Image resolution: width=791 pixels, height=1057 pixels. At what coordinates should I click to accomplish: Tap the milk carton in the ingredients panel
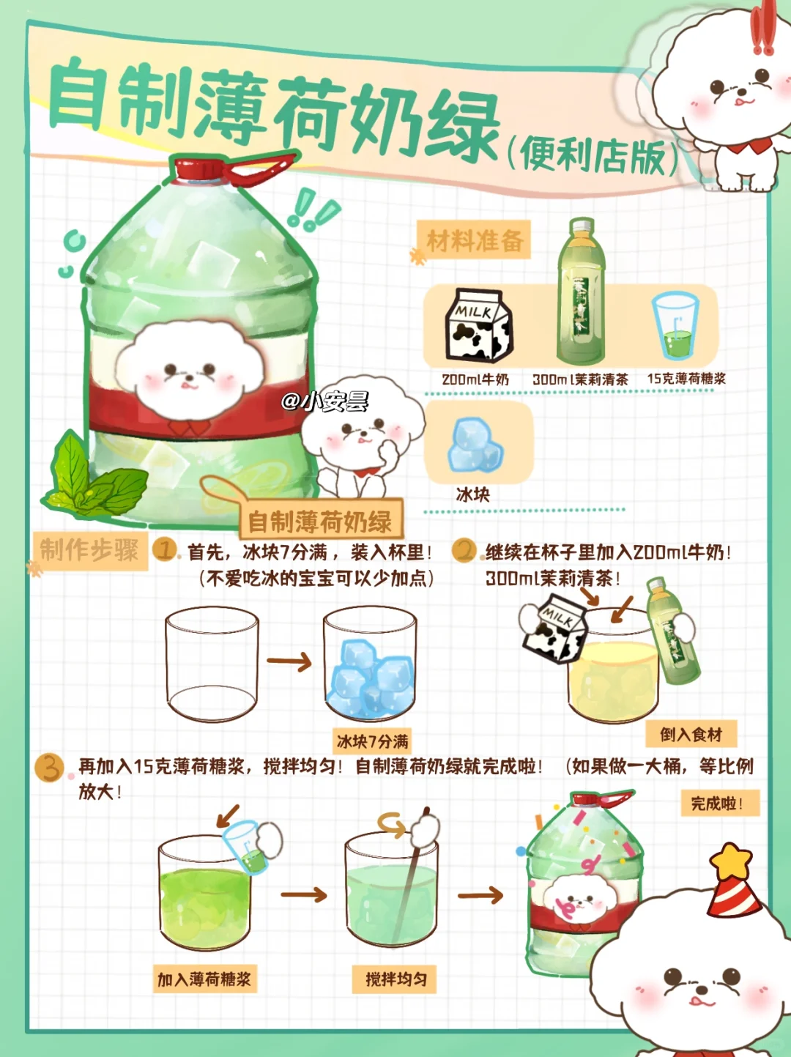tap(478, 325)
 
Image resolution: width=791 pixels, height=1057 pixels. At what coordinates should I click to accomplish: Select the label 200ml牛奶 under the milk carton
tap(475, 379)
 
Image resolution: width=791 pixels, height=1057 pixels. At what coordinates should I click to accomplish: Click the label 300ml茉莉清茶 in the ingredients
tap(580, 379)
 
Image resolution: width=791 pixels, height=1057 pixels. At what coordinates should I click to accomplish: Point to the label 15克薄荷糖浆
tap(686, 379)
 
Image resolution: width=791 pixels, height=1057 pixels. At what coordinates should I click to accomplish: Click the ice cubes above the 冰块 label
tap(475, 445)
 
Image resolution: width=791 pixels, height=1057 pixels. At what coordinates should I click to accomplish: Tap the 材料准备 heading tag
tap(474, 240)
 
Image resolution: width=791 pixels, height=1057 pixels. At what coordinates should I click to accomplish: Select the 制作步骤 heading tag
tap(89, 551)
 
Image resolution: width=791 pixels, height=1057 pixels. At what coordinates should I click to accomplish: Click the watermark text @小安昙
tap(325, 400)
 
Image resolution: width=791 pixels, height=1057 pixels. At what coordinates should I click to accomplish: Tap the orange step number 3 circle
tap(48, 768)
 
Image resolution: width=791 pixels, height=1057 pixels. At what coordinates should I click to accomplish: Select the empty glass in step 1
tap(212, 664)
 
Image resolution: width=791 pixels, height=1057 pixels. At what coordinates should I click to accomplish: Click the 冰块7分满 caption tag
tap(372, 741)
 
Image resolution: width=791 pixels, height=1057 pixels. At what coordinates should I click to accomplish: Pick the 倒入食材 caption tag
tap(691, 734)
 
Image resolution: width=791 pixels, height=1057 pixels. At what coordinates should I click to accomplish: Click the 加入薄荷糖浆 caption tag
tap(204, 979)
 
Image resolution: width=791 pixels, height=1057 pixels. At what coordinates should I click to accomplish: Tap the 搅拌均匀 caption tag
tap(394, 979)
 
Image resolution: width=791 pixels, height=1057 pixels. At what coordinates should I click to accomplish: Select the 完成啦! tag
tap(720, 803)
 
